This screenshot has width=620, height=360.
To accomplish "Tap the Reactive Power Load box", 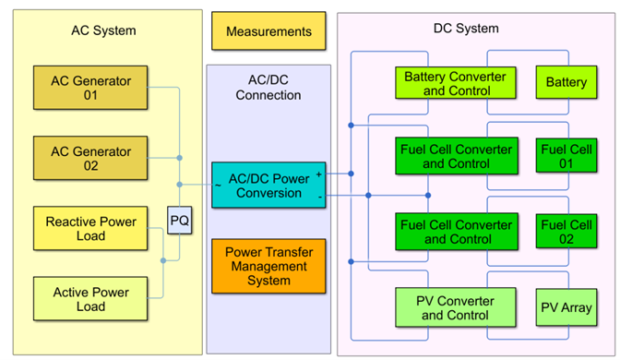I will point(89,228).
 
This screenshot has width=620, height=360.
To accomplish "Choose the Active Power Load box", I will point(89,299).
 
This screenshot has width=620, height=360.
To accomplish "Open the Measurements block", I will point(268,31).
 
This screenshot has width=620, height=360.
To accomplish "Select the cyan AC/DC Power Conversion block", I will point(268,186).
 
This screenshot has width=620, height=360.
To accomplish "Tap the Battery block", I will point(566,83).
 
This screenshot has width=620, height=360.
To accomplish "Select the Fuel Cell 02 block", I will point(566,232).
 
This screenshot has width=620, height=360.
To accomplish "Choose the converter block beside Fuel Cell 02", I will point(455,232).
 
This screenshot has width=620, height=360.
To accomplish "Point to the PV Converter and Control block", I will point(456,307).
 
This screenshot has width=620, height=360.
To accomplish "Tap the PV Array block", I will point(566,307).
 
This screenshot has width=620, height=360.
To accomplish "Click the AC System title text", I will point(103,30).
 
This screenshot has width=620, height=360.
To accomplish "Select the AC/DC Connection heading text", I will point(268,88).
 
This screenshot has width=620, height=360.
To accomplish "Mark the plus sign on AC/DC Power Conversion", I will point(319,173).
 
